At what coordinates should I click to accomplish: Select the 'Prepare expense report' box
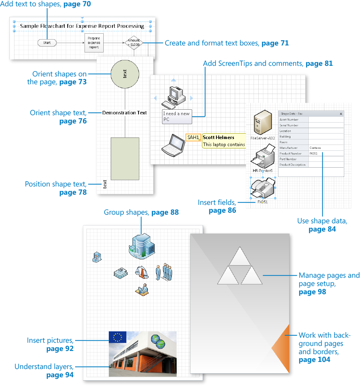point(94,43)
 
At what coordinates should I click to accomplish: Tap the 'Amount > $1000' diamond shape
point(134,43)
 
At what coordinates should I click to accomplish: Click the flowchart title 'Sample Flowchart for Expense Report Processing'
point(82,26)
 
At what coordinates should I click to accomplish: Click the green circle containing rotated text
point(125,73)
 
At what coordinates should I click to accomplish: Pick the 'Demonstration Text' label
point(124,113)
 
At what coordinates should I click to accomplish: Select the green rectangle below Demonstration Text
point(125,158)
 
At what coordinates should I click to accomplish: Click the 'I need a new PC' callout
point(177,116)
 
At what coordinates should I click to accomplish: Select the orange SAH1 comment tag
point(193,137)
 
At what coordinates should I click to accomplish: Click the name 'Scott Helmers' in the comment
point(219,137)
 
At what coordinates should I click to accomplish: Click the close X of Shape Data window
point(341,114)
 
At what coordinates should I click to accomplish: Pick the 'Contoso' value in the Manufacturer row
point(315,148)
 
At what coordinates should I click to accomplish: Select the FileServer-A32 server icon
point(263,122)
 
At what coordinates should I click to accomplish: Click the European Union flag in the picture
point(117,337)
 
